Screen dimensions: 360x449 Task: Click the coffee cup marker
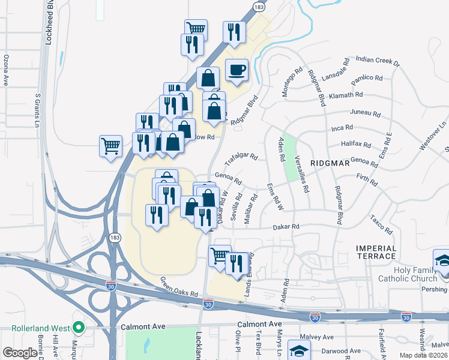pos(237,71)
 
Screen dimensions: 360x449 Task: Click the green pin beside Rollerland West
pos(77,328)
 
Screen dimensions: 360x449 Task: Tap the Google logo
pos(20,353)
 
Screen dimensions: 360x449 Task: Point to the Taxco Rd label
pos(381,224)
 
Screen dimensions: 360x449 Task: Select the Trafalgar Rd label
pos(241,160)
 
